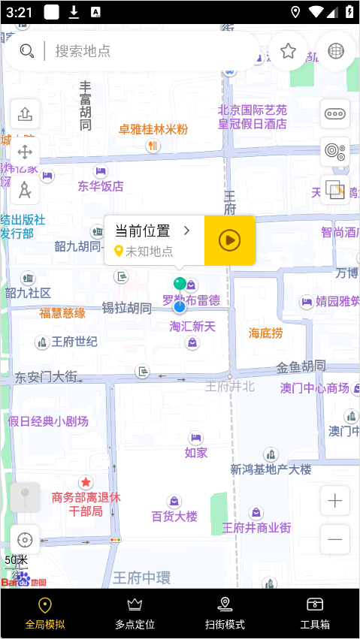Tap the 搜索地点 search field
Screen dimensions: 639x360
point(135,51)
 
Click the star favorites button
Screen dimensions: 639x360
point(288,50)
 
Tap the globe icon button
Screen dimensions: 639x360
point(336,50)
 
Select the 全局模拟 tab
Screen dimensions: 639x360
point(45,613)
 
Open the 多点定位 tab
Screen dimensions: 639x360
point(135,613)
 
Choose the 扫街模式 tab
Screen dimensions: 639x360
point(225,613)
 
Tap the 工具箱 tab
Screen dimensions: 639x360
point(315,613)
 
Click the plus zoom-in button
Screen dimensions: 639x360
point(334,501)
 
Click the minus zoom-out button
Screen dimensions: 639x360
point(334,539)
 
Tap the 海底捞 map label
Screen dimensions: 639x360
point(266,333)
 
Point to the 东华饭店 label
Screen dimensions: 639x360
point(101,185)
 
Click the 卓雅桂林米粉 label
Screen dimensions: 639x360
point(153,129)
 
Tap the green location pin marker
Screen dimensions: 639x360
point(180,284)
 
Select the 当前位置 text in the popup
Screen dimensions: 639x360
point(143,231)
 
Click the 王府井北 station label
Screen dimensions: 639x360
point(230,387)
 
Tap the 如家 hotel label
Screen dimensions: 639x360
point(196,452)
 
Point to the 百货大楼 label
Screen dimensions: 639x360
point(174,516)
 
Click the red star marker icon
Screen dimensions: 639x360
point(86,482)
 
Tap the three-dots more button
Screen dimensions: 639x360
point(335,114)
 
